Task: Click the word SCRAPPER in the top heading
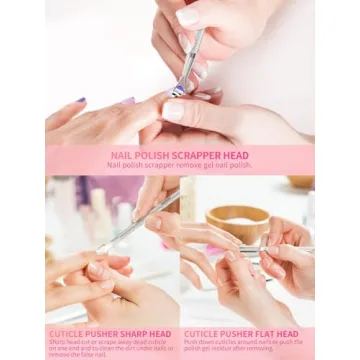[x=197, y=156]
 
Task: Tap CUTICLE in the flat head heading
[x=203, y=333]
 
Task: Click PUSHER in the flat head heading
[x=235, y=333]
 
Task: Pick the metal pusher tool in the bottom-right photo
[x=270, y=249]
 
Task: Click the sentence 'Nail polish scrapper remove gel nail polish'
[x=180, y=166]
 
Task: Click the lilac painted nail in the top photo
[x=127, y=101]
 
